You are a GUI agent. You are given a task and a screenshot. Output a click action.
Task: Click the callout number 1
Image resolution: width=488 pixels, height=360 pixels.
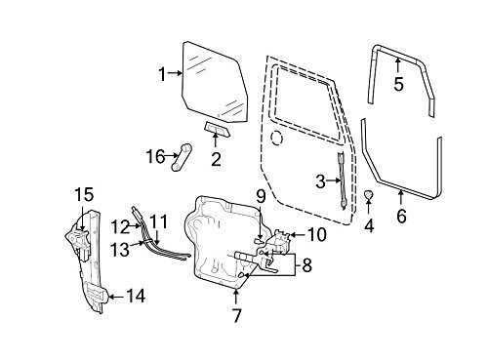click(163, 74)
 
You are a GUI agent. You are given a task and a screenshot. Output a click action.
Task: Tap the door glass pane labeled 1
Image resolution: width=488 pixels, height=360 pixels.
click(213, 81)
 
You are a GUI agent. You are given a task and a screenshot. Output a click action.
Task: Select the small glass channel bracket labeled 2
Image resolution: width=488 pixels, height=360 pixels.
click(217, 129)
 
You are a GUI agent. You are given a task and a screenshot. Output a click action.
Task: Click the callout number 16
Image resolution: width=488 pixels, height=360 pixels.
click(155, 157)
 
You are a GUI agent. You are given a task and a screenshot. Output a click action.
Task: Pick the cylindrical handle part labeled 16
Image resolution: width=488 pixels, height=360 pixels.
click(182, 157)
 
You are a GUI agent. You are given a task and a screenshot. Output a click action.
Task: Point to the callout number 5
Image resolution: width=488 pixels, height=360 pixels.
click(398, 84)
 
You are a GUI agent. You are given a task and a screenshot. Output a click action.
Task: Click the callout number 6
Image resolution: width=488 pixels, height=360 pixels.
click(401, 216)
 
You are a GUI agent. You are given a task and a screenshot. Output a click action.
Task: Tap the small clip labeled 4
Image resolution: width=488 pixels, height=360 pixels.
click(368, 194)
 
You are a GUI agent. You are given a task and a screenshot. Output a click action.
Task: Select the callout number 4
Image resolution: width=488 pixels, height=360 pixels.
click(369, 226)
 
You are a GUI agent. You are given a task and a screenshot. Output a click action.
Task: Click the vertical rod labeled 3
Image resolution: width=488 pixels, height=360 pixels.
click(343, 180)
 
